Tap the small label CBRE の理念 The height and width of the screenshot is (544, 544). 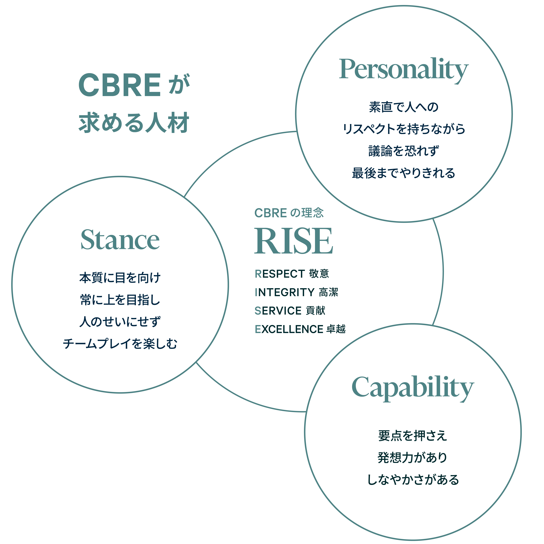pos(289,213)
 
